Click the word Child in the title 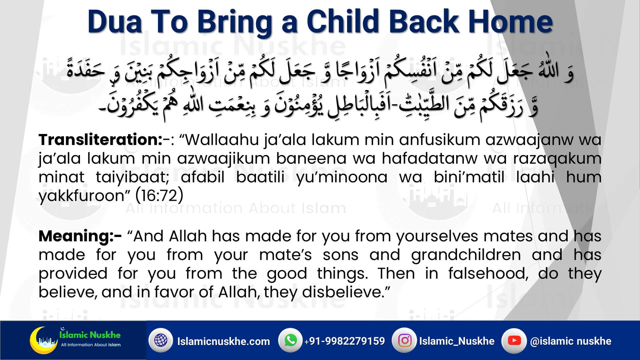tap(343, 22)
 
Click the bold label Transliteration tap(100, 139)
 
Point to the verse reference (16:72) tap(159, 196)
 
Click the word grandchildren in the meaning tap(466, 255)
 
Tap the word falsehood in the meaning tap(488, 273)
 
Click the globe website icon tap(161, 340)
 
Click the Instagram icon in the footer tap(405, 340)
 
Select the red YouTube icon tap(514, 340)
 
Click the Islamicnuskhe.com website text tap(223, 341)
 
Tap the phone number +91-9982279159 tap(344, 341)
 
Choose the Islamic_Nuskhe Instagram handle tap(457, 341)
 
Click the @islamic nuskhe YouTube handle tap(571, 341)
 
